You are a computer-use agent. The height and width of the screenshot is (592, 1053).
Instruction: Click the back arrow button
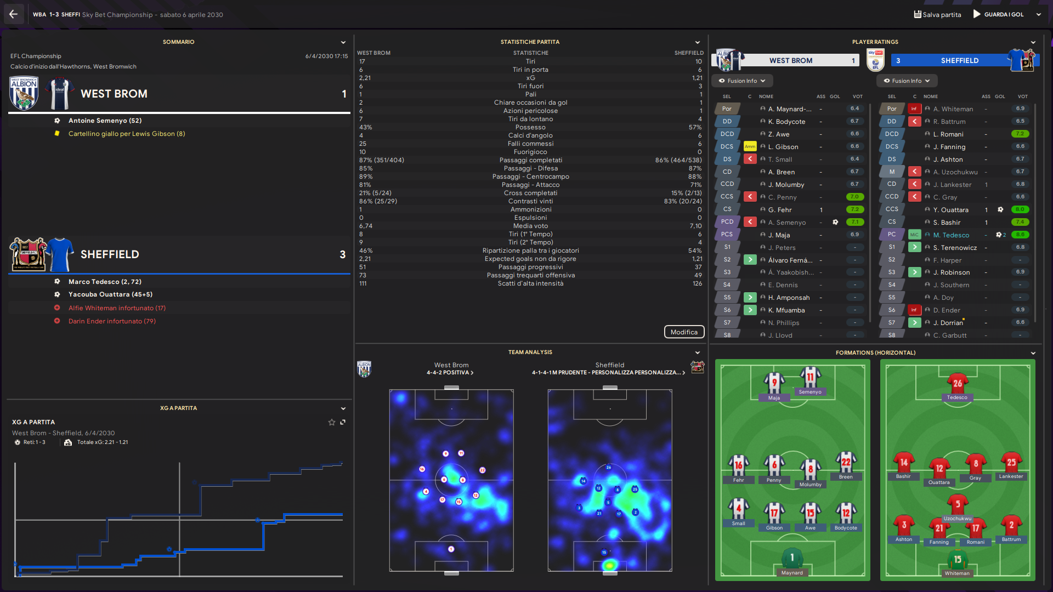tap(13, 14)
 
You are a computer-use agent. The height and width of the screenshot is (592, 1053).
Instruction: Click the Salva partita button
tap(937, 15)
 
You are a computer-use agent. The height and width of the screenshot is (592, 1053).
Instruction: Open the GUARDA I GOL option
tap(1003, 15)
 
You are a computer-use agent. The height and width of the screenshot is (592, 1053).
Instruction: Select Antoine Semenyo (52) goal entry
tap(105, 121)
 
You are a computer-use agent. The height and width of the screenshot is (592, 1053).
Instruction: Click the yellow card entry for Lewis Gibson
tap(126, 134)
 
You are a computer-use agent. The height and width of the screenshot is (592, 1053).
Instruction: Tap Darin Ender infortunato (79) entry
tap(112, 321)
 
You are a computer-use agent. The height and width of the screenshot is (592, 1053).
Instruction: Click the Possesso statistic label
tap(530, 127)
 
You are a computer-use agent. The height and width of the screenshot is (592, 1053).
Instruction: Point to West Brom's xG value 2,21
tap(365, 78)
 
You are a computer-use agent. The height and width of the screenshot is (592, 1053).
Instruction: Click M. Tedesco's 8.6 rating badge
tap(1020, 235)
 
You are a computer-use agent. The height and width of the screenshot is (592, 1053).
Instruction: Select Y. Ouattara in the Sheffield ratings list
tap(954, 210)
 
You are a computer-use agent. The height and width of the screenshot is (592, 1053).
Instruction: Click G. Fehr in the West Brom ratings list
tap(779, 210)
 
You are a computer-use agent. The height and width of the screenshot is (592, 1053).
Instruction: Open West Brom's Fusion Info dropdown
tap(742, 81)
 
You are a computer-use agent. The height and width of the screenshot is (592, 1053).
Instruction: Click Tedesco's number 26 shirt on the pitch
tap(957, 384)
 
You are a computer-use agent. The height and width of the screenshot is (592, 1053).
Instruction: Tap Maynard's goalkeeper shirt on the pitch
tap(792, 558)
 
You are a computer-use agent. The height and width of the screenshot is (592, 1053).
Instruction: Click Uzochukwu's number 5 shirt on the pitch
tap(958, 504)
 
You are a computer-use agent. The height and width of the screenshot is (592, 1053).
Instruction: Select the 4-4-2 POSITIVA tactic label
tap(450, 373)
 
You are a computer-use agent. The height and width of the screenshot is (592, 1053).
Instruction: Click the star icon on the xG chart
tap(331, 422)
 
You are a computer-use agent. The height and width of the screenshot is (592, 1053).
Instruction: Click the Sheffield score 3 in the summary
tap(342, 254)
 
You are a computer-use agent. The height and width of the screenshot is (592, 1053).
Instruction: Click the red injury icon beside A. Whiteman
tap(914, 109)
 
